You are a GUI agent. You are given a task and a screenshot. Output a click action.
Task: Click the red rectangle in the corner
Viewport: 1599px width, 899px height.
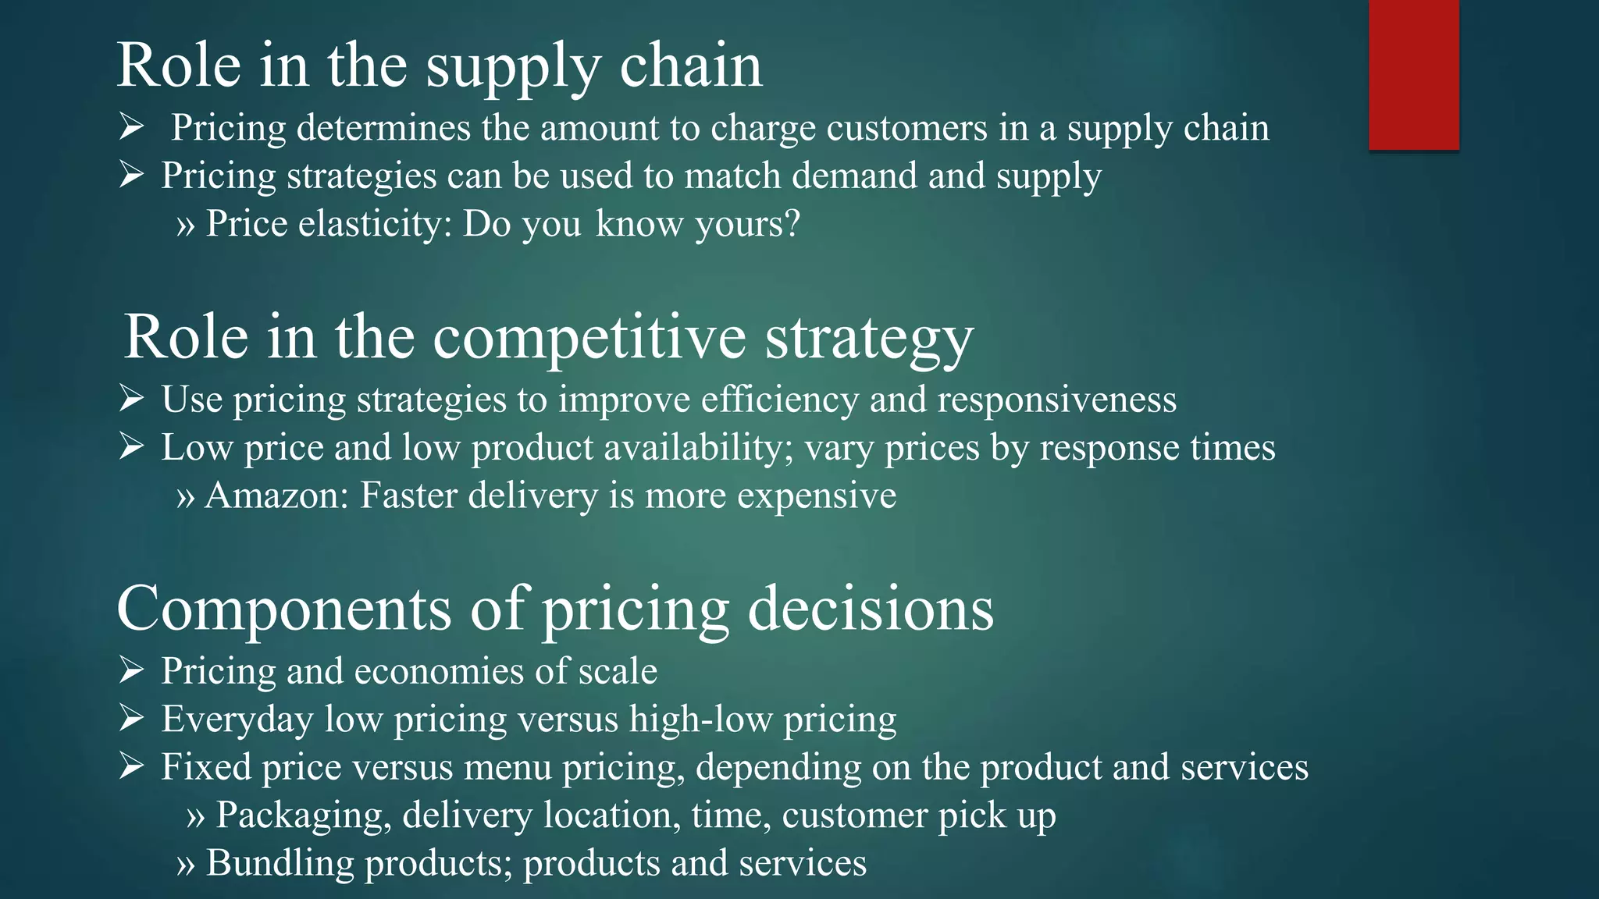click(x=1413, y=75)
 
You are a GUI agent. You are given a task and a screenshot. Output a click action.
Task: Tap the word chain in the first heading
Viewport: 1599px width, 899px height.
click(x=690, y=66)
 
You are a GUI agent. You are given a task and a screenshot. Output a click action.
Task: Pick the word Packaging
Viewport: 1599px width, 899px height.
click(x=304, y=815)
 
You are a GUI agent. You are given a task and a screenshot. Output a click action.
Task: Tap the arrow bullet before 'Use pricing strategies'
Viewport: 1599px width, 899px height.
click(x=131, y=398)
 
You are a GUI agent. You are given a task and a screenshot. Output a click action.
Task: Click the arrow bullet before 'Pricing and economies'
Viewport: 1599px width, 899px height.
click(x=131, y=670)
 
